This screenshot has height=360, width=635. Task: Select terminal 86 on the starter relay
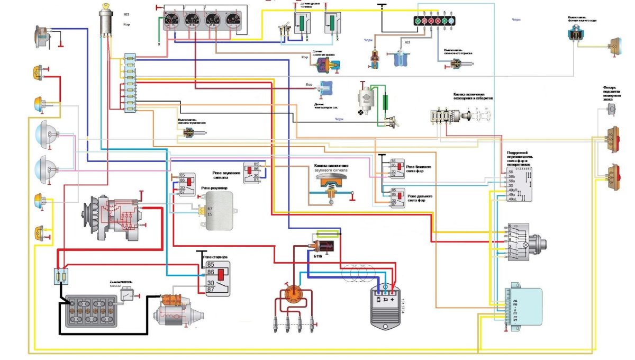[211, 273]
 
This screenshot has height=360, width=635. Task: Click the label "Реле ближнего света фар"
[419, 166]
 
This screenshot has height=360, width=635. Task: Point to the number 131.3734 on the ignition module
[403, 307]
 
